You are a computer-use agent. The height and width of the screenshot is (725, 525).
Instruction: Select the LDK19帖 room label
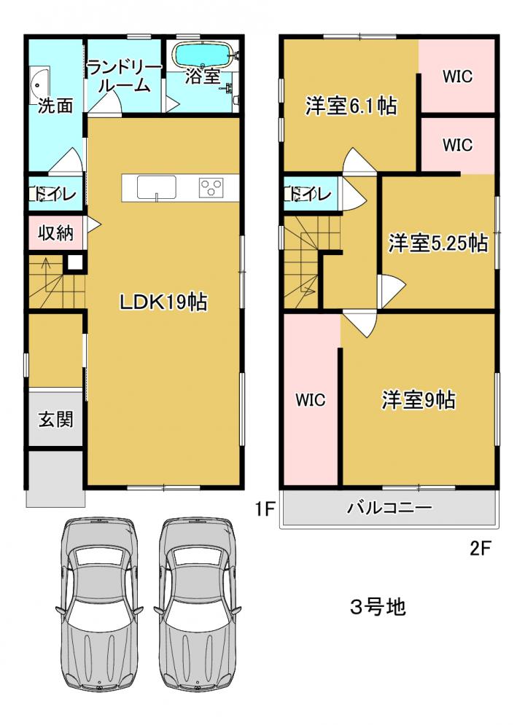163,302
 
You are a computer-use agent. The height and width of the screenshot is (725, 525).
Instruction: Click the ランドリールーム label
125,77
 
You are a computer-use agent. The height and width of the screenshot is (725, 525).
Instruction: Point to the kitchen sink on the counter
156,187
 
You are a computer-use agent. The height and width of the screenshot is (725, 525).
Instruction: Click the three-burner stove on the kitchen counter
211,188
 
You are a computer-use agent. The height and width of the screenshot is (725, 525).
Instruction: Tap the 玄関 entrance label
55,419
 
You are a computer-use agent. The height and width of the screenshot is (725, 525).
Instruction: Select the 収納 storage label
55,232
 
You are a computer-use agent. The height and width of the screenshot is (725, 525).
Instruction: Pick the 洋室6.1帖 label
351,106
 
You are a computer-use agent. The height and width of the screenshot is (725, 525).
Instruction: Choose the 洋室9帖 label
418,399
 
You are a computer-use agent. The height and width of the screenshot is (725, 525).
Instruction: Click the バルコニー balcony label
389,508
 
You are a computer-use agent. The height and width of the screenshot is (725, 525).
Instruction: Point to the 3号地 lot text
378,607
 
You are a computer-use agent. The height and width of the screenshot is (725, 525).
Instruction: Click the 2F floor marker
480,549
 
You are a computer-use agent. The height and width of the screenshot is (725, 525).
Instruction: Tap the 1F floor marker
265,509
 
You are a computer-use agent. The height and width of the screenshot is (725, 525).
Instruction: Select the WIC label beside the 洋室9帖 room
311,400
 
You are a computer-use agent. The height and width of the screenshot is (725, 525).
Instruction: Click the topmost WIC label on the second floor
457,77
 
